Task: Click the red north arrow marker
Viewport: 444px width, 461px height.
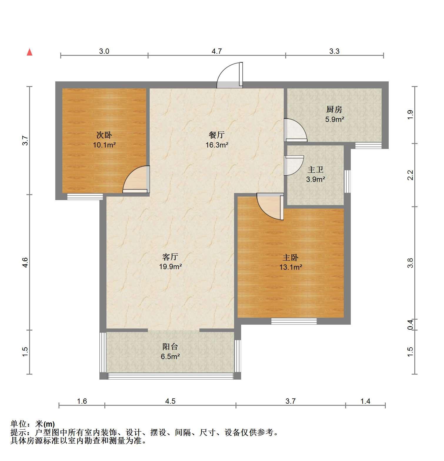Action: tap(29, 52)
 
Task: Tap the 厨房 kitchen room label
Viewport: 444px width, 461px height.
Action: tap(334, 110)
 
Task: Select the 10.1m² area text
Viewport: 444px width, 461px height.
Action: tap(104, 145)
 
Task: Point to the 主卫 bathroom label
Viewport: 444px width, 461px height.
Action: tap(316, 170)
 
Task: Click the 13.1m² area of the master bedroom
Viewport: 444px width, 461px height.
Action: tap(291, 267)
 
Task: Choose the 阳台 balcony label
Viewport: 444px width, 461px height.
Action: tap(170, 346)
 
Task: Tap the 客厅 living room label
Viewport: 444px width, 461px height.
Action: tap(170, 257)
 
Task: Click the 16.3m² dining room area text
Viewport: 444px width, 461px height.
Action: tap(217, 145)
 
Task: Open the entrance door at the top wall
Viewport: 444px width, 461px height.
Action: tap(230, 75)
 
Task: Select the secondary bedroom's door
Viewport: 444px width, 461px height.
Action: tap(136, 180)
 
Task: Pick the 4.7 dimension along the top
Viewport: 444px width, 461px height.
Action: tap(217, 51)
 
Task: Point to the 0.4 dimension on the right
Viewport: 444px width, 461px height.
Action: tap(410, 324)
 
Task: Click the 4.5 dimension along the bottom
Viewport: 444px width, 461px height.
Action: tap(170, 401)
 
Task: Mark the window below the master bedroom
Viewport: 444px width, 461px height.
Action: tap(294, 321)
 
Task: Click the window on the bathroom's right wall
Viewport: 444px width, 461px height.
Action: tap(347, 181)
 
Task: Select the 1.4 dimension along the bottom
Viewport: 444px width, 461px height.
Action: tap(365, 401)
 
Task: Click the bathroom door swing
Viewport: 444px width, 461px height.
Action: tap(294, 165)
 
